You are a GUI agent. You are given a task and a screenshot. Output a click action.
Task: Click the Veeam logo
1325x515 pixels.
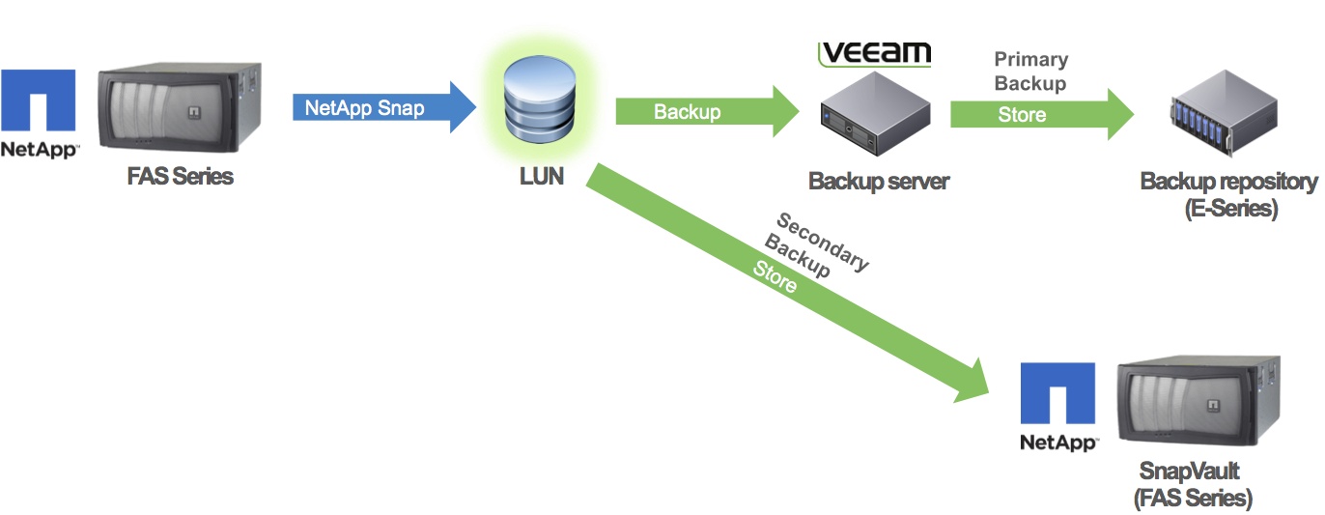pos(874,53)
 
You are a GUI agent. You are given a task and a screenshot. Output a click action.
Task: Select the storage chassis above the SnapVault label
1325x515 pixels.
pos(1198,406)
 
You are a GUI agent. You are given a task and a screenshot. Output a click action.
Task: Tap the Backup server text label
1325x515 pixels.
pos(879,181)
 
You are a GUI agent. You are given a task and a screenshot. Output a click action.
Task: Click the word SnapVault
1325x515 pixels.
pos(1189,472)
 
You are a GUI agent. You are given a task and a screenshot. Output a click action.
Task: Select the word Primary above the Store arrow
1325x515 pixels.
pos(1031,60)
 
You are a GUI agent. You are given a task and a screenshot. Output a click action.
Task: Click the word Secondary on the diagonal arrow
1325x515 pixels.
pos(823,242)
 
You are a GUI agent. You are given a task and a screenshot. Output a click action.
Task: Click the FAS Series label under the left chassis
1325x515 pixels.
pos(181,177)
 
